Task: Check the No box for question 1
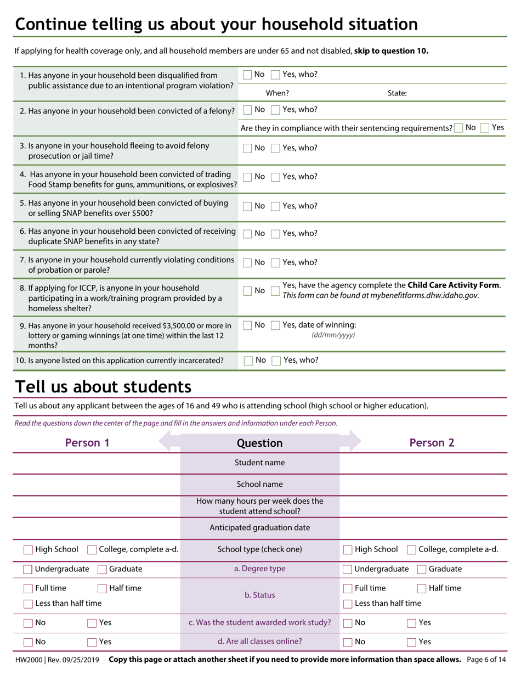[247, 75]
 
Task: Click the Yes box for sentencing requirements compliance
[484, 128]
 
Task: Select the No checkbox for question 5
[247, 206]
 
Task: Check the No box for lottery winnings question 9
[247, 325]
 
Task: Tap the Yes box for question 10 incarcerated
[276, 361]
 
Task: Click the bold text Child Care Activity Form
[454, 285]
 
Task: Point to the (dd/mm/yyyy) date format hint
[333, 335]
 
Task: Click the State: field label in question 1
[397, 93]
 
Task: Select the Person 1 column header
[87, 443]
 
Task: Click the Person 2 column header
[432, 443]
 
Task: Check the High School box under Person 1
[28, 550]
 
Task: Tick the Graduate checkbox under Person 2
[422, 570]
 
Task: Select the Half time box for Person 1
[102, 589]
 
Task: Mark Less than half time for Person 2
[348, 604]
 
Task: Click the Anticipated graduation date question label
[259, 528]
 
